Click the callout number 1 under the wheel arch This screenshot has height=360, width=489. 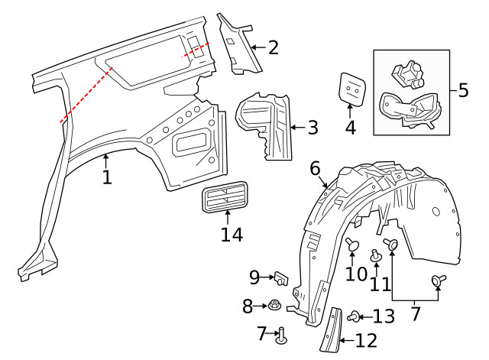[107, 178]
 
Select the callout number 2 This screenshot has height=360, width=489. [273, 48]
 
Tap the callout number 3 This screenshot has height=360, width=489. [312, 128]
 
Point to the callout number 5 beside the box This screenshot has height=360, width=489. [463, 90]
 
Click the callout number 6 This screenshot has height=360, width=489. [315, 167]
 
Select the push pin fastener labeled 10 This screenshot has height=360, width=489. [352, 245]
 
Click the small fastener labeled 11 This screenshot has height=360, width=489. [375, 255]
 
